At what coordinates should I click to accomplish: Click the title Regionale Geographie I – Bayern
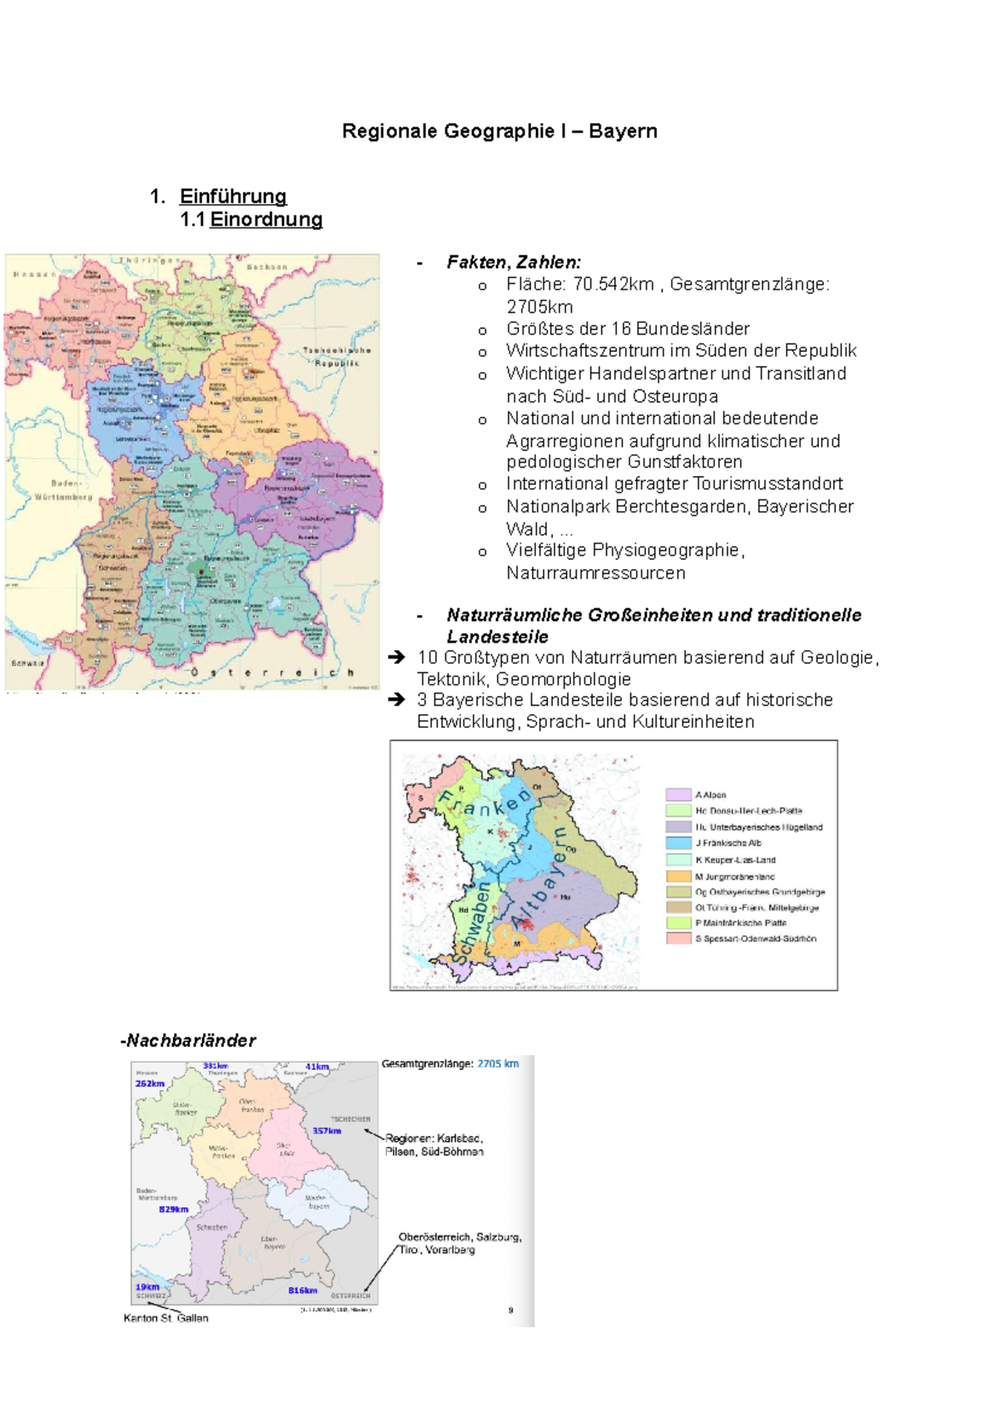click(x=499, y=131)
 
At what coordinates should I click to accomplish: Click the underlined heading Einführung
click(x=233, y=196)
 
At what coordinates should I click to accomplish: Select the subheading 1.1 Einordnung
click(x=251, y=220)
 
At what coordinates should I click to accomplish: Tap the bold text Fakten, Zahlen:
click(x=514, y=262)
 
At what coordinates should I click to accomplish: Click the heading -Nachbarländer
click(x=188, y=1040)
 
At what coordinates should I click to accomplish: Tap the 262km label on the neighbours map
click(x=150, y=1083)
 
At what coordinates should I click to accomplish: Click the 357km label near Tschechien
click(x=326, y=1131)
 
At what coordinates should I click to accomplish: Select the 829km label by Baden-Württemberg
click(x=173, y=1209)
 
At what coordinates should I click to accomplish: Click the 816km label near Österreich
click(x=302, y=1291)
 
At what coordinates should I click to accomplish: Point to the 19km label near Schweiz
click(x=147, y=1287)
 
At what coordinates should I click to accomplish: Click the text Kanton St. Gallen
click(x=166, y=1318)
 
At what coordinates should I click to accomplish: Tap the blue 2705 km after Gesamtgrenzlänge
click(x=498, y=1063)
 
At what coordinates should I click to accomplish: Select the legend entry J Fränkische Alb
click(x=728, y=843)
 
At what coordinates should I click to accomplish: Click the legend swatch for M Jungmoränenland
click(x=678, y=875)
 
